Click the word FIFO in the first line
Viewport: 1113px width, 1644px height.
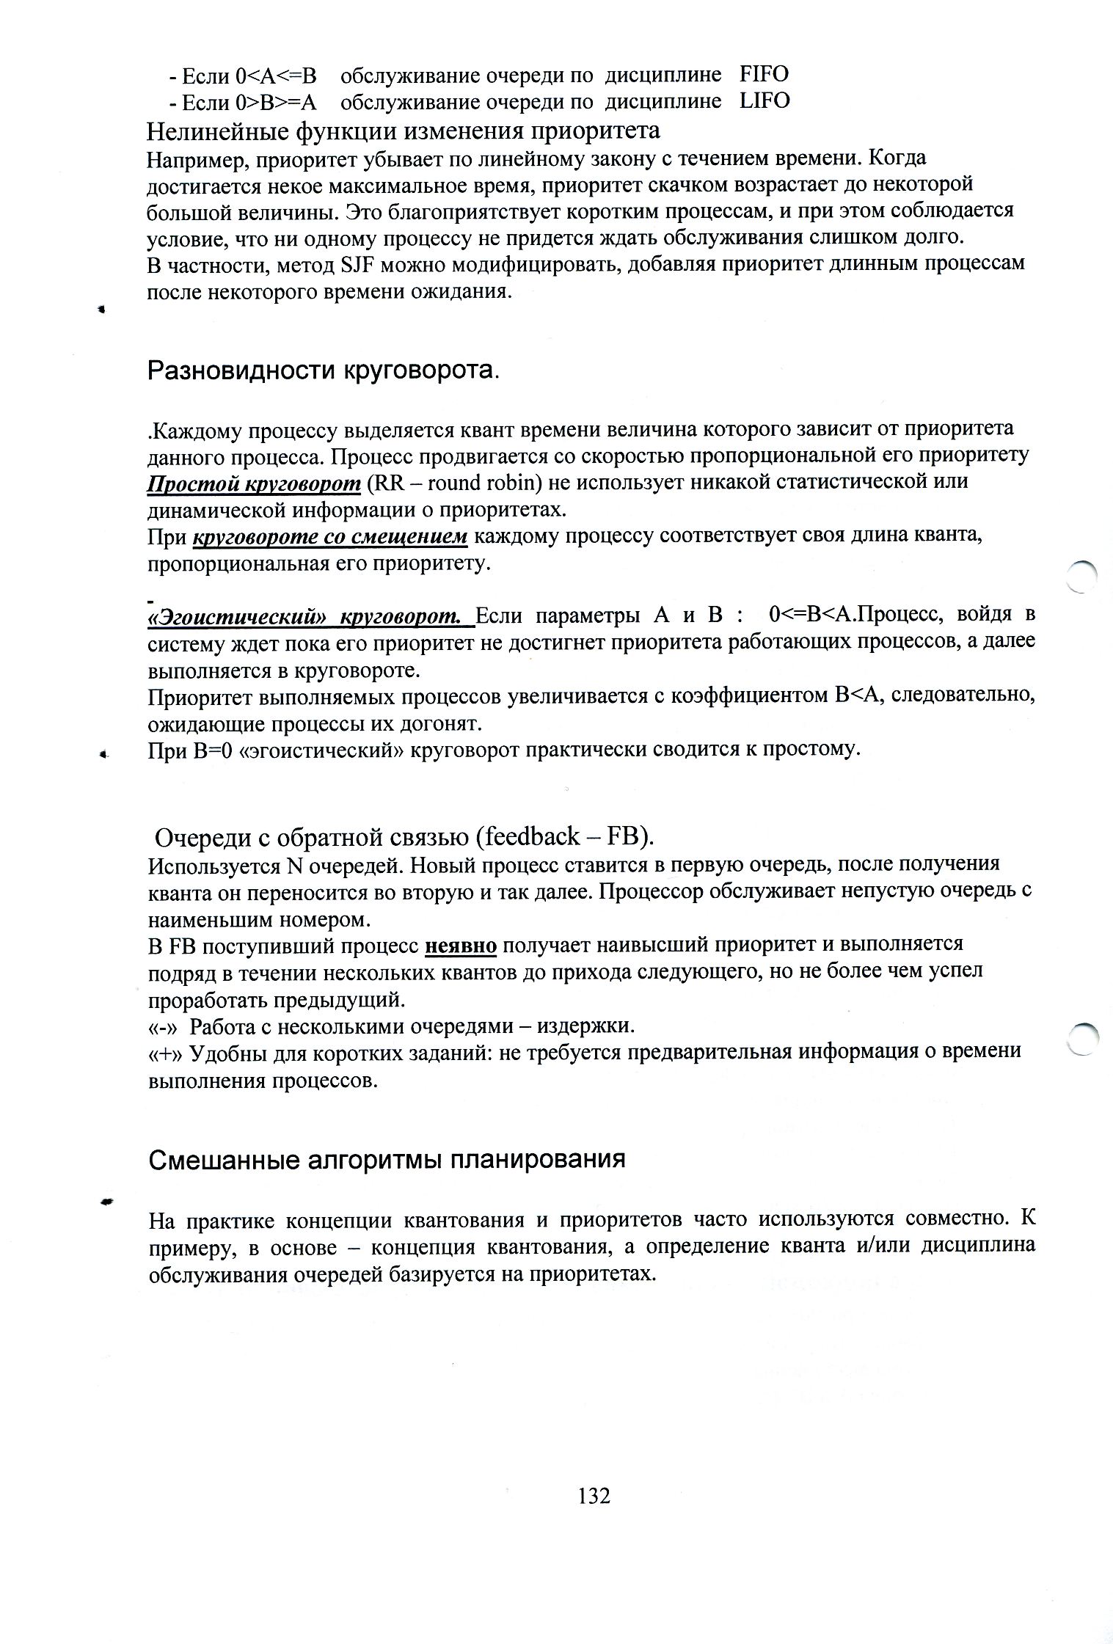coord(764,74)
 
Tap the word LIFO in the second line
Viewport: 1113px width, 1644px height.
coord(764,101)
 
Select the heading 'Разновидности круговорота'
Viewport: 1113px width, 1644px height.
coord(321,370)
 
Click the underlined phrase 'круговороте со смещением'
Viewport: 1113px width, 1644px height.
coord(330,536)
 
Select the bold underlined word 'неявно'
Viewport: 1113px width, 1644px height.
coord(461,946)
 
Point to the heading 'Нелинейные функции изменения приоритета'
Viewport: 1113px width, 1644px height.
coord(403,131)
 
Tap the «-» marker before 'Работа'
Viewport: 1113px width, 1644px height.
coord(164,1026)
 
